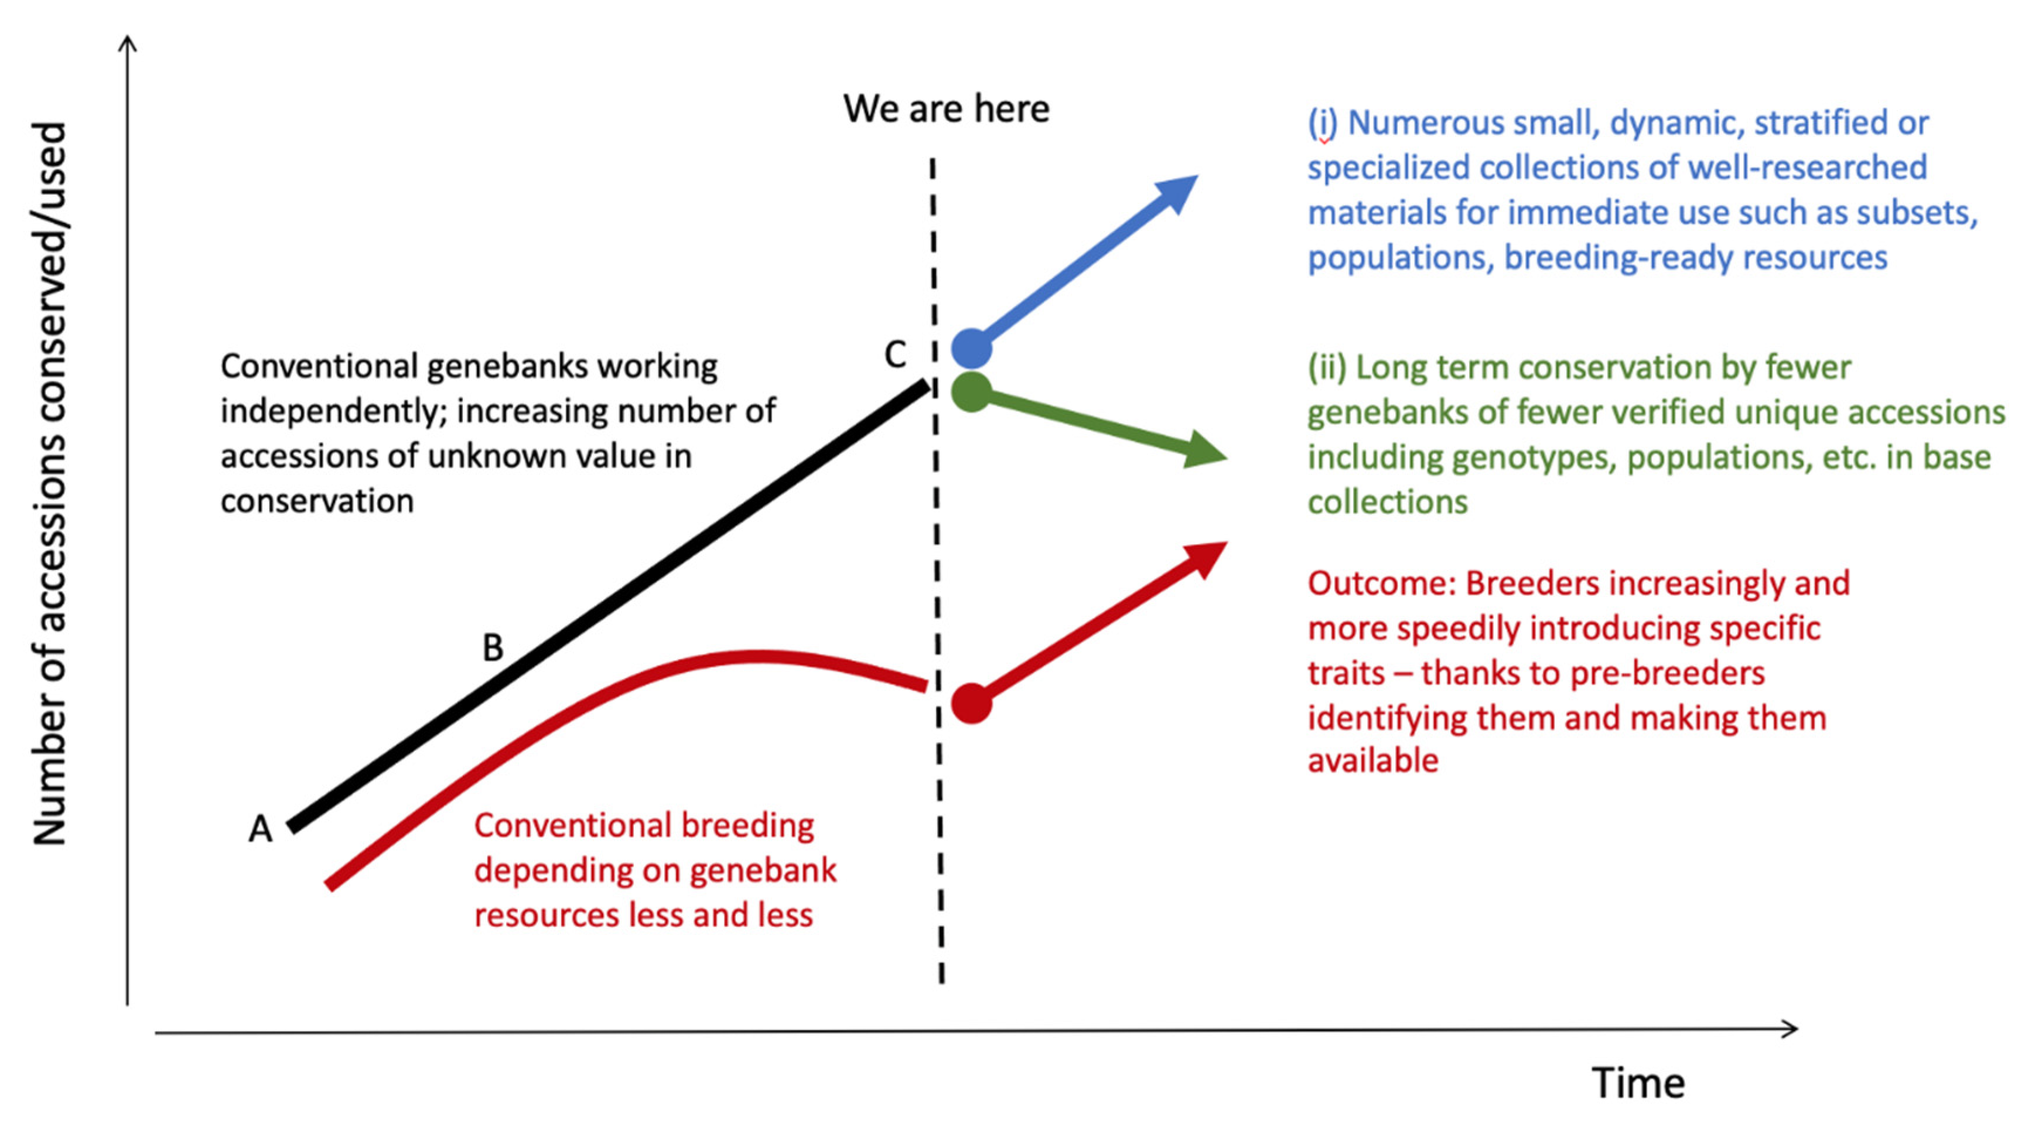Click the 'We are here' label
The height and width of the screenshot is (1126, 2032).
tap(946, 109)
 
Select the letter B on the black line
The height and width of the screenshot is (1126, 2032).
tap(493, 648)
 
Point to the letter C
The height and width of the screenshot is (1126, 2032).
tap(895, 355)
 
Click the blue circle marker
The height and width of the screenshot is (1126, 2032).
tap(972, 349)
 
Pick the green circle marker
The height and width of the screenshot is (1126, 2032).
tap(972, 392)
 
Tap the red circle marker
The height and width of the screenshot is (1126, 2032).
tap(972, 703)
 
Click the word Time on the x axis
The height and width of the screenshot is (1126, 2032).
tap(1638, 1083)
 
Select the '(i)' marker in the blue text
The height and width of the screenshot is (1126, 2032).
tap(1323, 124)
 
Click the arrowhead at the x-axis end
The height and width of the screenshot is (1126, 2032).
tap(1788, 1028)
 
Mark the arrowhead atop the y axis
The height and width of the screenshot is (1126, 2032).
tap(128, 44)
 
